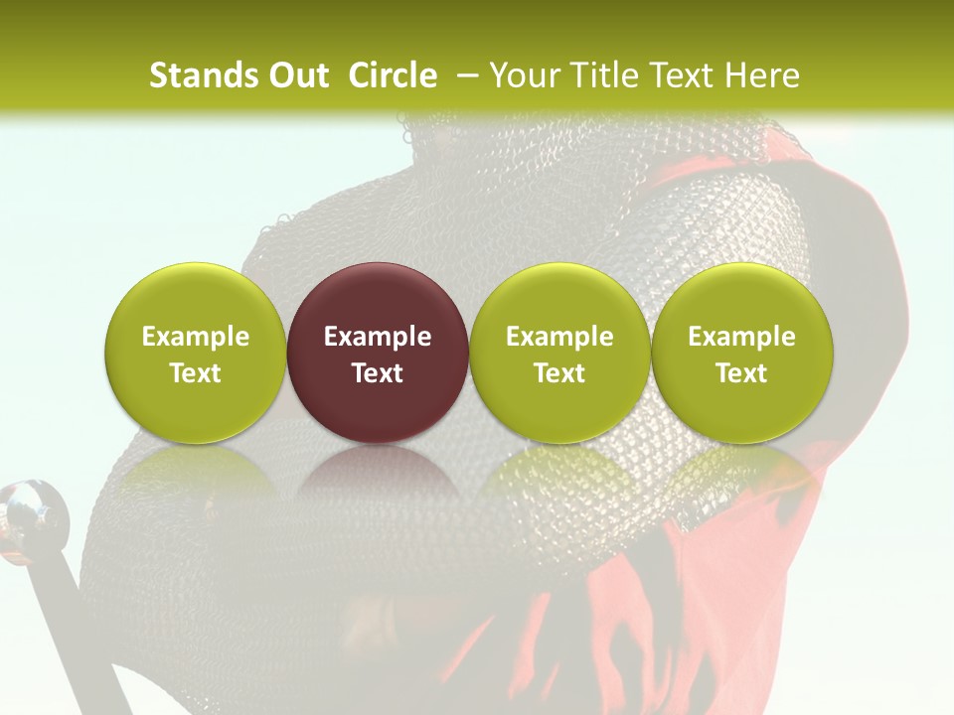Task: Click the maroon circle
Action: (378, 353)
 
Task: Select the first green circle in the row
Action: (196, 353)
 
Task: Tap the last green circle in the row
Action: (742, 353)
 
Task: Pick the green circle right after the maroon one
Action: (559, 353)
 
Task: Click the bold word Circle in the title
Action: (393, 75)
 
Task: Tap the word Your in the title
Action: (521, 75)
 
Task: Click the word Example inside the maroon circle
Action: (378, 337)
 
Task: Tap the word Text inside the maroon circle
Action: (378, 373)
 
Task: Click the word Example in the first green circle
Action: (196, 337)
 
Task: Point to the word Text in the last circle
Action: (742, 373)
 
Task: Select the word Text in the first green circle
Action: (196, 373)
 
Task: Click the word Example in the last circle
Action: (742, 337)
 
